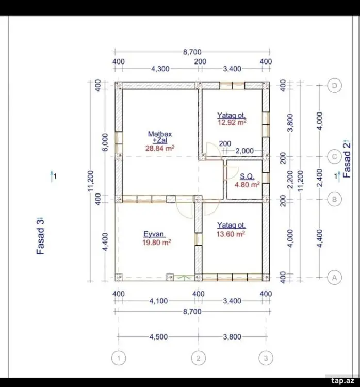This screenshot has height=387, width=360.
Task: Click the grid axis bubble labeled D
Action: [x=334, y=86]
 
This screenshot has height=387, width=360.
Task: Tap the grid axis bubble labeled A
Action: [x=334, y=278]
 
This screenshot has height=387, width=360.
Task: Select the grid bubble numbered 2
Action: [x=199, y=358]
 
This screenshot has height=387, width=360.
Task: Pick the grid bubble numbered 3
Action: [x=266, y=358]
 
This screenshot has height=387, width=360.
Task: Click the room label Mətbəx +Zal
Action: [x=160, y=137]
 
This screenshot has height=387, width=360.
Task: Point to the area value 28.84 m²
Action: [x=160, y=148]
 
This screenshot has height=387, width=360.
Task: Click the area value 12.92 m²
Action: [x=232, y=122]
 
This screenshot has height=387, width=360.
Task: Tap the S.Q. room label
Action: [x=247, y=176]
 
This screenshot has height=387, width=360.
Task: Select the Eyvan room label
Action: [x=154, y=234]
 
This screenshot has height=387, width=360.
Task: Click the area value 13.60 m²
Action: [x=231, y=234]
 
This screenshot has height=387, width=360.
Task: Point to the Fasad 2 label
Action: [x=347, y=158]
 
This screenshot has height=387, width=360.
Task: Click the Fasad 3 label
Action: [x=40, y=236]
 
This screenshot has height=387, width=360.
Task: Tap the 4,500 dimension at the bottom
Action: [x=158, y=336]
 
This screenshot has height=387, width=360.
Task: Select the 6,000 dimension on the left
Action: [x=105, y=142]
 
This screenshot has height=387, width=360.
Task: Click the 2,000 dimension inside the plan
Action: [x=244, y=151]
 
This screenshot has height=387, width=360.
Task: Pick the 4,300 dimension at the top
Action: [x=160, y=69]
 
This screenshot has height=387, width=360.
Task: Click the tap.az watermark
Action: [x=343, y=381]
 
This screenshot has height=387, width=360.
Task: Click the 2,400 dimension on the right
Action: [x=320, y=178]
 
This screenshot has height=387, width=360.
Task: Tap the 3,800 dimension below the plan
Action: [x=232, y=336]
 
